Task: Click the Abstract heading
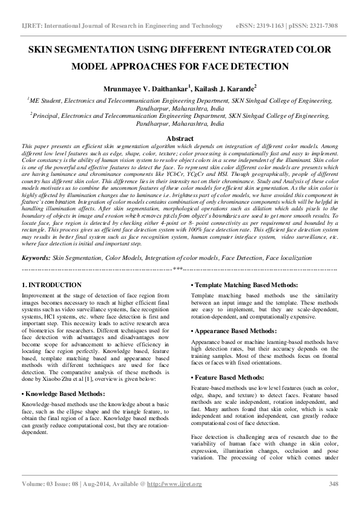pyautogui.click(x=180, y=138)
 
